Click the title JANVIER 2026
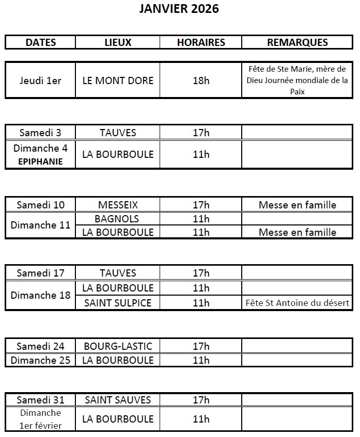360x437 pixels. (179, 9)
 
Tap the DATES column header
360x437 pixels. (40, 42)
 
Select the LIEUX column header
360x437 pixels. (118, 42)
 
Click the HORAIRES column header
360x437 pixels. (201, 42)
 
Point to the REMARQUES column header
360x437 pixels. (298, 42)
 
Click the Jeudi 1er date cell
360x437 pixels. (40, 80)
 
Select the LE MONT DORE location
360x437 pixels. (118, 80)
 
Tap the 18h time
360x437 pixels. (201, 80)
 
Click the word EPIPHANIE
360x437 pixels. (40, 161)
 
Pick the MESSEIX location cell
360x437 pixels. (118, 205)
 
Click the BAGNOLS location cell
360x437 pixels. (118, 219)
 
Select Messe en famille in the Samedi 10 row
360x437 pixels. (298, 205)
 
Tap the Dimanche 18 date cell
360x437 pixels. (40, 295)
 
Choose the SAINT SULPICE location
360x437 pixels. (118, 303)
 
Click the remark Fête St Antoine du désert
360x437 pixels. (298, 303)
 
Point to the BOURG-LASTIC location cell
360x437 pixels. (118, 346)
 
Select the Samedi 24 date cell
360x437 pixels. (40, 346)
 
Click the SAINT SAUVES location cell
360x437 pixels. (118, 400)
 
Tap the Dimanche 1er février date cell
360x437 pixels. (40, 419)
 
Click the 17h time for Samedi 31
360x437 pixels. (201, 400)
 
